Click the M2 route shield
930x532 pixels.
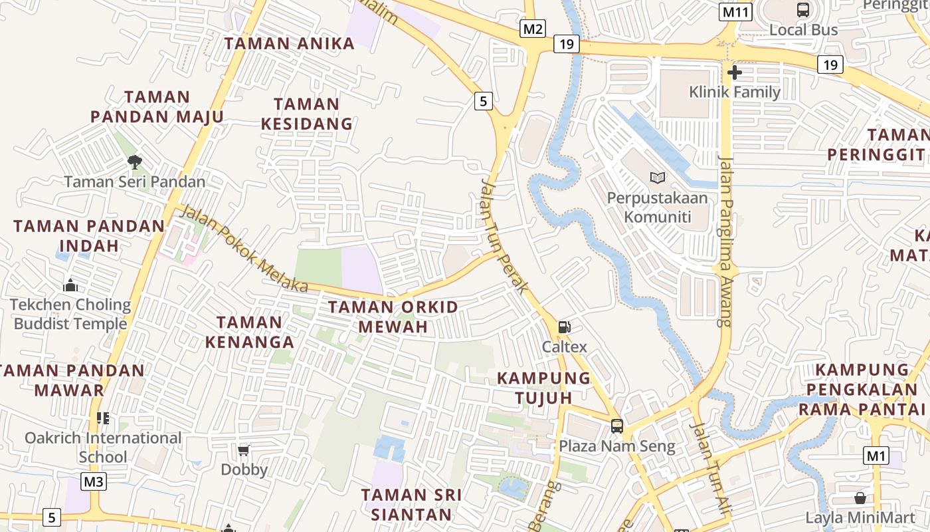(x=533, y=29)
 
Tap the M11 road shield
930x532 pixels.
(x=735, y=12)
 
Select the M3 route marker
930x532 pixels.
(x=94, y=481)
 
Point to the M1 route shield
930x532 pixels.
(x=876, y=456)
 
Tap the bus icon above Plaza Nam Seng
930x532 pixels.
(x=617, y=426)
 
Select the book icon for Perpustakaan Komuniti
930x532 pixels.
(x=658, y=178)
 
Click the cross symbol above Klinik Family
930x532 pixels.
(x=735, y=72)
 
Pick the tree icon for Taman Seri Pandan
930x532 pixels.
(x=135, y=162)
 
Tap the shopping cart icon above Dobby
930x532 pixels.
(x=244, y=450)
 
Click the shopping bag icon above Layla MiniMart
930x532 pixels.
(x=860, y=498)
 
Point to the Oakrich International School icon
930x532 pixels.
(x=103, y=418)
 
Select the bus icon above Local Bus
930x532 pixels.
(x=803, y=10)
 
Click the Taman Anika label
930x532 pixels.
(x=290, y=44)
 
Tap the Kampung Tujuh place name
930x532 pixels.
(x=544, y=388)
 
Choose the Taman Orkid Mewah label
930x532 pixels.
(x=393, y=317)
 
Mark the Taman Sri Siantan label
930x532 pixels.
(x=411, y=504)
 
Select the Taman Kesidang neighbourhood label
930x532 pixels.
(x=306, y=114)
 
